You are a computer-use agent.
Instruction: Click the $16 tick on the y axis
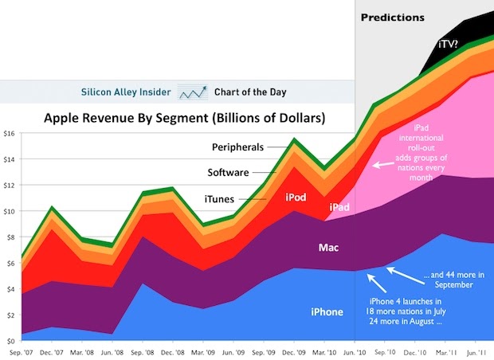click(9, 133)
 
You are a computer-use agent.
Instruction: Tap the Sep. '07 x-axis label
click(22, 351)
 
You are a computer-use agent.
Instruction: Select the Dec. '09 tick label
click(295, 351)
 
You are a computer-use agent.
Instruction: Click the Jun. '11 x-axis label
click(475, 351)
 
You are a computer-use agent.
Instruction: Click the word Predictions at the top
click(393, 18)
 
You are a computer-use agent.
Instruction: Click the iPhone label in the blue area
click(327, 312)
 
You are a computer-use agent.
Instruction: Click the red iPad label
click(338, 208)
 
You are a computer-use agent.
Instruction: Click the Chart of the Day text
click(253, 92)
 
